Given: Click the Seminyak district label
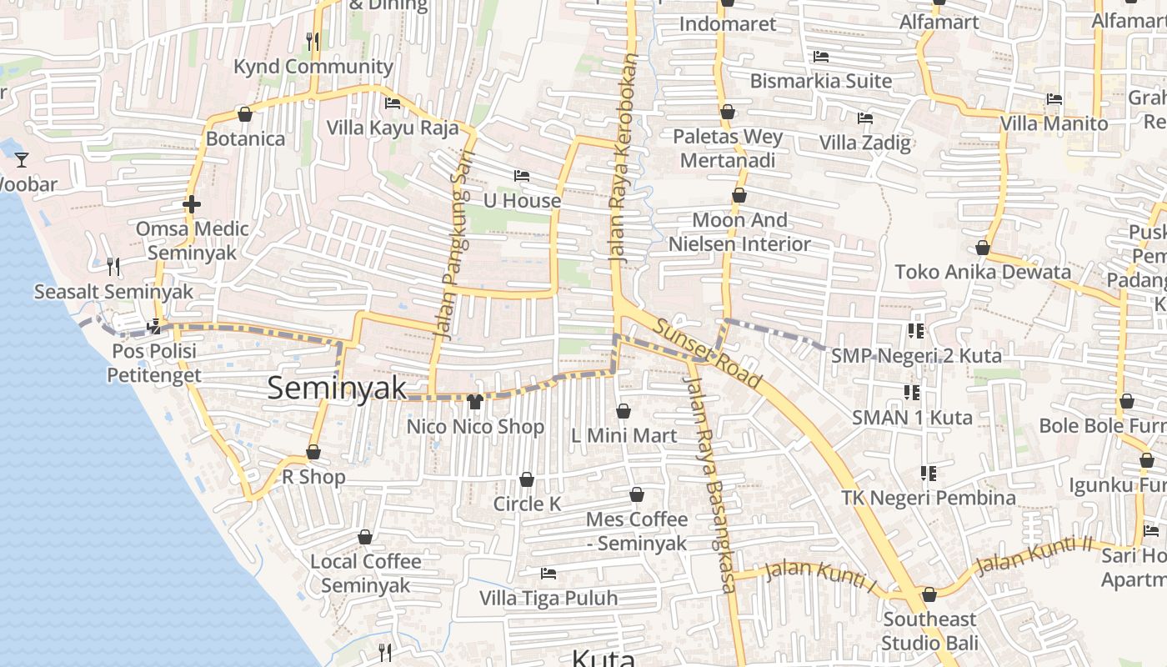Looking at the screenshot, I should (x=337, y=388).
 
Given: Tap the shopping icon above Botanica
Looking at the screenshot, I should (x=245, y=114).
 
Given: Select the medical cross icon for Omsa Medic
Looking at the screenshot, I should (x=192, y=204).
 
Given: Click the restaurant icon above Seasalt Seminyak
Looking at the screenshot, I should (x=113, y=267).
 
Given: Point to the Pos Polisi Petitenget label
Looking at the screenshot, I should (x=154, y=363).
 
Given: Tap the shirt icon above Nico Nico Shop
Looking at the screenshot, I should (x=475, y=402).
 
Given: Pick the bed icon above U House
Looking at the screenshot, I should (x=522, y=176).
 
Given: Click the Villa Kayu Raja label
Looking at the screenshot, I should (x=393, y=128).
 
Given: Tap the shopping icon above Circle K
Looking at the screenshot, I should (x=527, y=479).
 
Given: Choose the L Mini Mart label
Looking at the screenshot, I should (x=624, y=435).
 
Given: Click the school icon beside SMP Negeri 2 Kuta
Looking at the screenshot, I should (x=916, y=331).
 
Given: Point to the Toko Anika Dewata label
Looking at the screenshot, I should (x=983, y=272).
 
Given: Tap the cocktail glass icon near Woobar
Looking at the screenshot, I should (x=22, y=159).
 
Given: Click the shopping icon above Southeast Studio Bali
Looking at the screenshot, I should (x=929, y=594).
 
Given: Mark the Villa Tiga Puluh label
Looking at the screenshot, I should (x=548, y=598).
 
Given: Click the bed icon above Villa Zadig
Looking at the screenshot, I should (x=865, y=118).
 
